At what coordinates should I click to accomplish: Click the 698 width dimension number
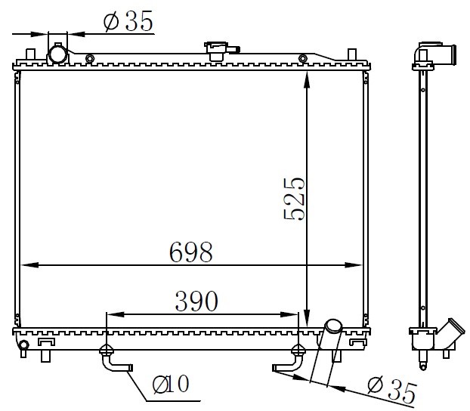[x=191, y=252]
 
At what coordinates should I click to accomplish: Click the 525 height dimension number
[x=294, y=199]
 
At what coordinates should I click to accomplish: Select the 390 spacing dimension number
[x=196, y=301]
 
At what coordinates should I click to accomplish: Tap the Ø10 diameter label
[x=171, y=384]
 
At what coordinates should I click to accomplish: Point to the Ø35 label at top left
[x=128, y=21]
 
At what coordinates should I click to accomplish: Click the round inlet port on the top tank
[x=58, y=54]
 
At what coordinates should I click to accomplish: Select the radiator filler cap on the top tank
[x=221, y=50]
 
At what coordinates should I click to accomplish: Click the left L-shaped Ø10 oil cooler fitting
[x=114, y=360]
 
